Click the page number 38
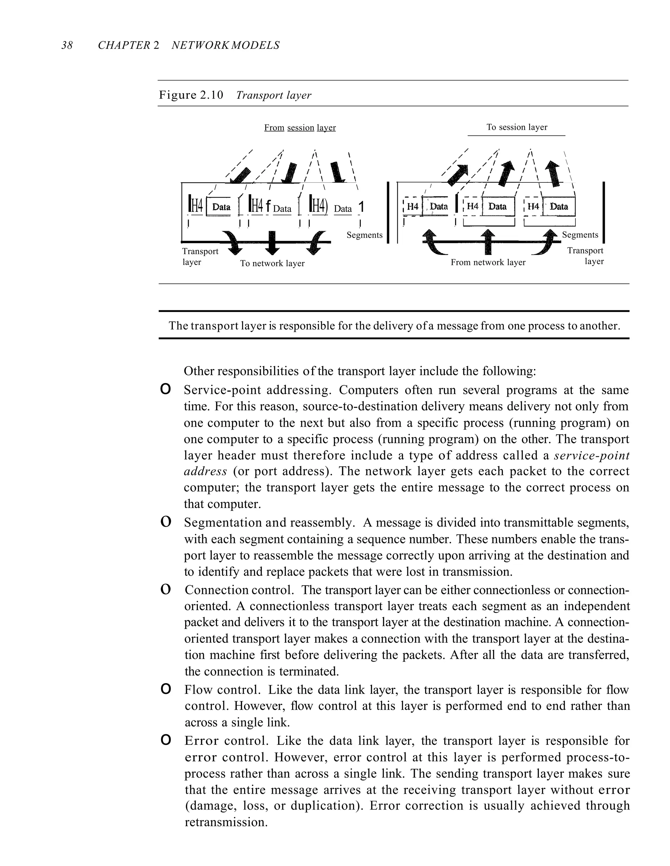pos(67,45)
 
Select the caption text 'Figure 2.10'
pos(191,95)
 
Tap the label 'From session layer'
pos(300,128)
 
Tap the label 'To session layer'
pos(516,127)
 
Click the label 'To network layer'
pos(272,263)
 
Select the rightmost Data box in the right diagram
pos(559,207)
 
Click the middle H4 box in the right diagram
pos(472,207)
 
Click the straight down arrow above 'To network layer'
pos(272,243)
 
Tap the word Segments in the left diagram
pos(364,235)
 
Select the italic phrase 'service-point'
pos(591,456)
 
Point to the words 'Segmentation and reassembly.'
pos(269,523)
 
